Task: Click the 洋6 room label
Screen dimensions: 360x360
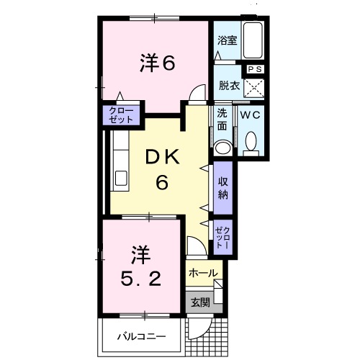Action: click(157, 63)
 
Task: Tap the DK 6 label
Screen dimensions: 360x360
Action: click(163, 169)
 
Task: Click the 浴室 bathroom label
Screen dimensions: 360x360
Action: click(228, 41)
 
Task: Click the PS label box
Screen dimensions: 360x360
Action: click(256, 68)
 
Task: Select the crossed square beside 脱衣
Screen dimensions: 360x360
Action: click(254, 88)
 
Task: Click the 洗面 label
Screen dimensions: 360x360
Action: click(222, 120)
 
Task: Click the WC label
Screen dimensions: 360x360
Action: click(250, 114)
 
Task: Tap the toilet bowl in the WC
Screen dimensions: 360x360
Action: click(251, 144)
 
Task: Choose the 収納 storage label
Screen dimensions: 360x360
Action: click(223, 184)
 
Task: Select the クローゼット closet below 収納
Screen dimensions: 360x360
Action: click(222, 235)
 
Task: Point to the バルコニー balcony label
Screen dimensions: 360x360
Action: click(143, 336)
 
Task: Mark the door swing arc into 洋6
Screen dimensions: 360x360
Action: click(194, 91)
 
